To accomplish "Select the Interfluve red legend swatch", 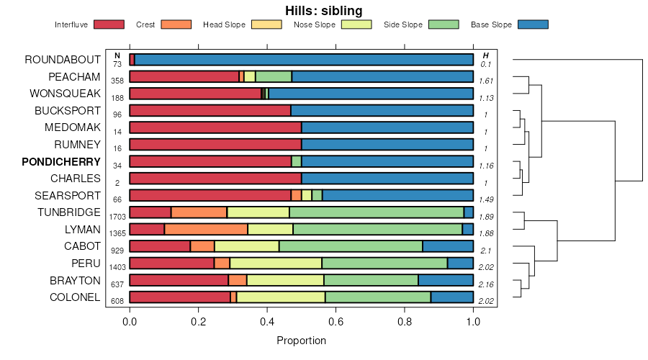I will [109, 24].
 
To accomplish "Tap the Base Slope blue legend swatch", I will [533, 24].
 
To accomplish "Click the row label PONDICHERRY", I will [61, 161].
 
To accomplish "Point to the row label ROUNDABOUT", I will [62, 60].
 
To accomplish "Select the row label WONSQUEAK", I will [65, 94].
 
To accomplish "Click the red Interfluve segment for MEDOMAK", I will [215, 127].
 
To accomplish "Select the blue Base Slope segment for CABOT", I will [447, 246].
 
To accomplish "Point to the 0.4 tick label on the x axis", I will [267, 322].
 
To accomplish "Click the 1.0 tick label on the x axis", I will [473, 322].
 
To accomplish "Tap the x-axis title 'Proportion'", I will [301, 341].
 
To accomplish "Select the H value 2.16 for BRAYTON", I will [486, 284].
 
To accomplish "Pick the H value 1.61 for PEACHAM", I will [486, 81].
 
